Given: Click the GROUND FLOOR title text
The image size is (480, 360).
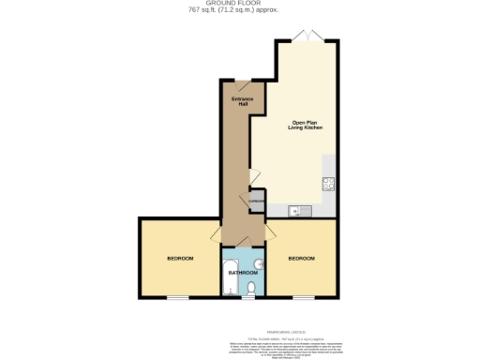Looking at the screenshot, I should click(x=240, y=4).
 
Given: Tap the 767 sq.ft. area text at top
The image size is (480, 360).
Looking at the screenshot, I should click(x=240, y=11).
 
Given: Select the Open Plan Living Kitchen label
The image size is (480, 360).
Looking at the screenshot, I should click(x=307, y=126).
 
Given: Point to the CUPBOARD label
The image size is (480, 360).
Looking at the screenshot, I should click(x=257, y=202).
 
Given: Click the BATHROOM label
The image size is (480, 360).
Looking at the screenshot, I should click(x=243, y=273).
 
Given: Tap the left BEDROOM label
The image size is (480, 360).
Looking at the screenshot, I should click(x=181, y=258).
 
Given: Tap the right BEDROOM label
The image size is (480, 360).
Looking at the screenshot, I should click(x=301, y=258).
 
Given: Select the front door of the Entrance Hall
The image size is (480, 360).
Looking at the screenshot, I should click(x=242, y=85).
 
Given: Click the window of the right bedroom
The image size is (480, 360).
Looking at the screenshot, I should click(x=302, y=298).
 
